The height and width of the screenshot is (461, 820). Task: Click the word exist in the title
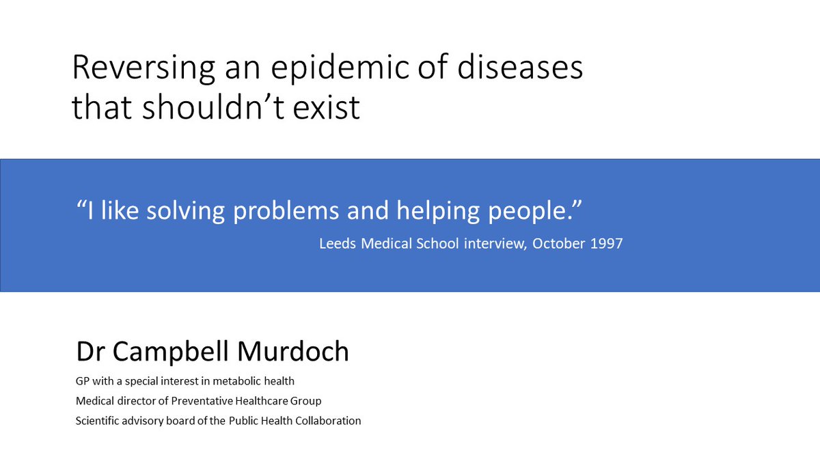click(x=328, y=107)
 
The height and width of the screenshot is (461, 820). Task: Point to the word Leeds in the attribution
click(x=336, y=244)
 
